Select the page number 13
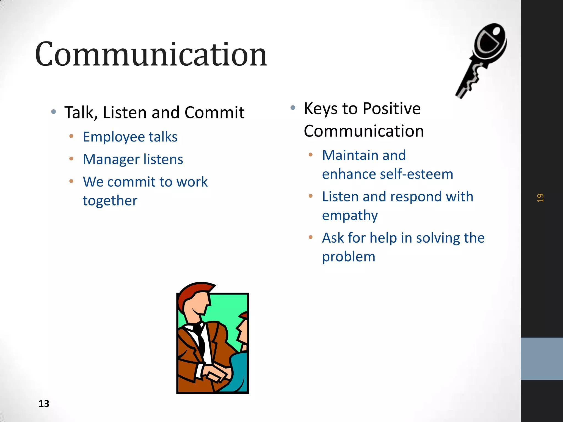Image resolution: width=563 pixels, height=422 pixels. pyautogui.click(x=44, y=404)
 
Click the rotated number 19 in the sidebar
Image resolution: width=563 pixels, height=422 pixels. pyautogui.click(x=540, y=198)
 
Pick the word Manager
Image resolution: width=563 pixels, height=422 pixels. pyautogui.click(x=111, y=159)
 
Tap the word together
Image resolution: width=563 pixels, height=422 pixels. pyautogui.click(x=110, y=201)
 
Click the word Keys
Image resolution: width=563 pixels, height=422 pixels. pyautogui.click(x=320, y=109)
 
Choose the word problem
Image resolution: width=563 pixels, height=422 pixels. pyautogui.click(x=349, y=257)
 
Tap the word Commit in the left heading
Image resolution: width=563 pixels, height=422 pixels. pyautogui.click(x=214, y=113)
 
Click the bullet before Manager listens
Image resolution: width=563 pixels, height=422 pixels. pyautogui.click(x=71, y=159)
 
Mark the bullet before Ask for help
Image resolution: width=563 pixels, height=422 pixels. pyautogui.click(x=311, y=237)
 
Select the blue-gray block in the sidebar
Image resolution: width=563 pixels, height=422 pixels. pyautogui.click(x=542, y=359)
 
